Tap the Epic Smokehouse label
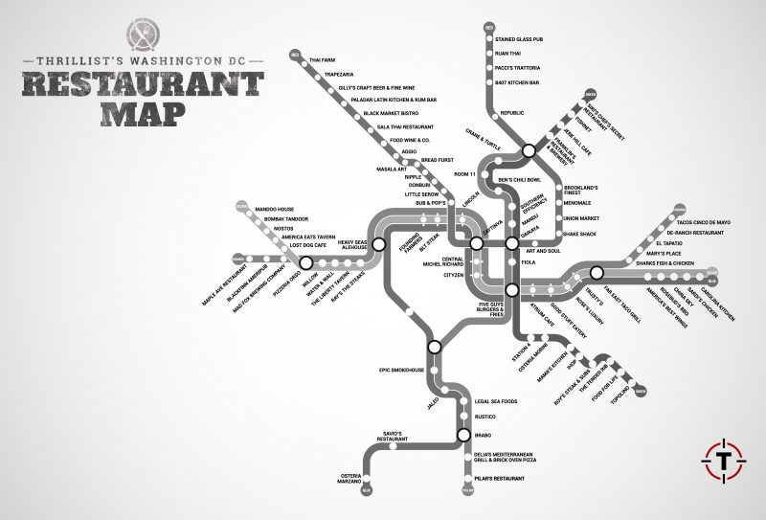401,370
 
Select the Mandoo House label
275,208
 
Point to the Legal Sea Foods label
496,401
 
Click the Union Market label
581,217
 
